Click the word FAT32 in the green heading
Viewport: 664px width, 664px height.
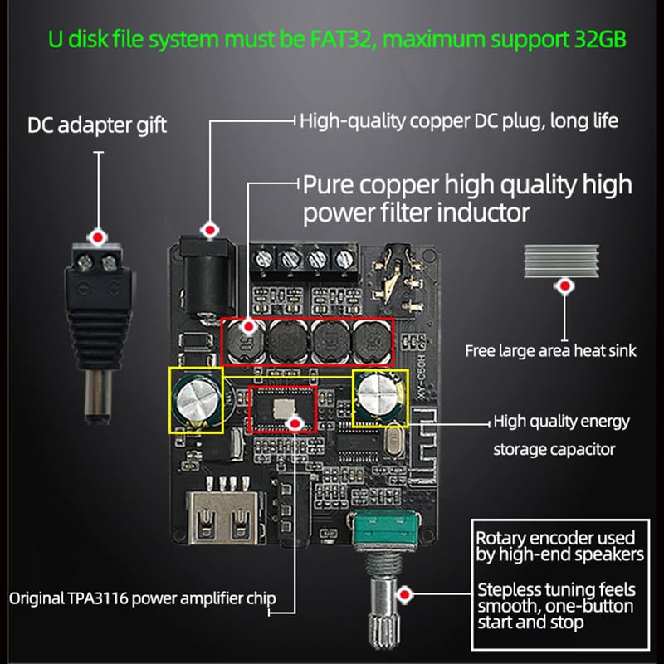(342, 39)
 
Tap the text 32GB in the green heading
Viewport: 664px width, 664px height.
(600, 39)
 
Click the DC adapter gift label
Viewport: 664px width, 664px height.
(97, 125)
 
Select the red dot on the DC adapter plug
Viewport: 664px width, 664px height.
(98, 237)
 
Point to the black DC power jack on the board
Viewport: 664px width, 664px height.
(207, 280)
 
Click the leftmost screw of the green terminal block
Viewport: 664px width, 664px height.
(263, 257)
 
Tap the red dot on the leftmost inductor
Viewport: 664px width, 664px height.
(249, 326)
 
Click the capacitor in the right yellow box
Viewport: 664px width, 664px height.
(379, 397)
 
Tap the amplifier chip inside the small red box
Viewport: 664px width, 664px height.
(282, 409)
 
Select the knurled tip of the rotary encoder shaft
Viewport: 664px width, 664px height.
(384, 630)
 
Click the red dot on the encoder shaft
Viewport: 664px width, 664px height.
(405, 594)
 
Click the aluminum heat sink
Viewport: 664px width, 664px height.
(562, 261)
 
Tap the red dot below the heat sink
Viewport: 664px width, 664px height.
(564, 286)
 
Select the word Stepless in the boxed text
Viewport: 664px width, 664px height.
(508, 590)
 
